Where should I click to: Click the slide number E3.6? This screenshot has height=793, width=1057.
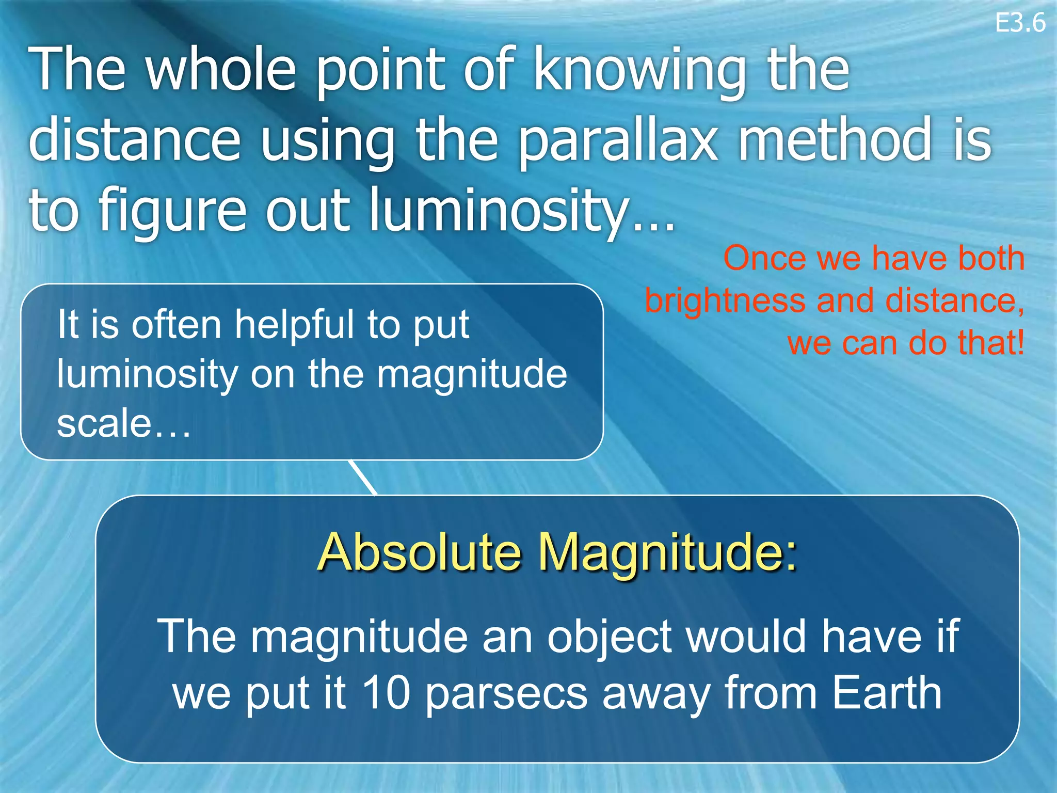click(x=1020, y=23)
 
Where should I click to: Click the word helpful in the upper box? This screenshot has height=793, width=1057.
click(x=295, y=325)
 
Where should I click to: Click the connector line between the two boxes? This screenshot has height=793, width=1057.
click(x=363, y=477)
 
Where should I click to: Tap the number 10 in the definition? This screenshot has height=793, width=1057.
click(x=386, y=693)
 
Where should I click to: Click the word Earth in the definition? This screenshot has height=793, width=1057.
click(x=887, y=693)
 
